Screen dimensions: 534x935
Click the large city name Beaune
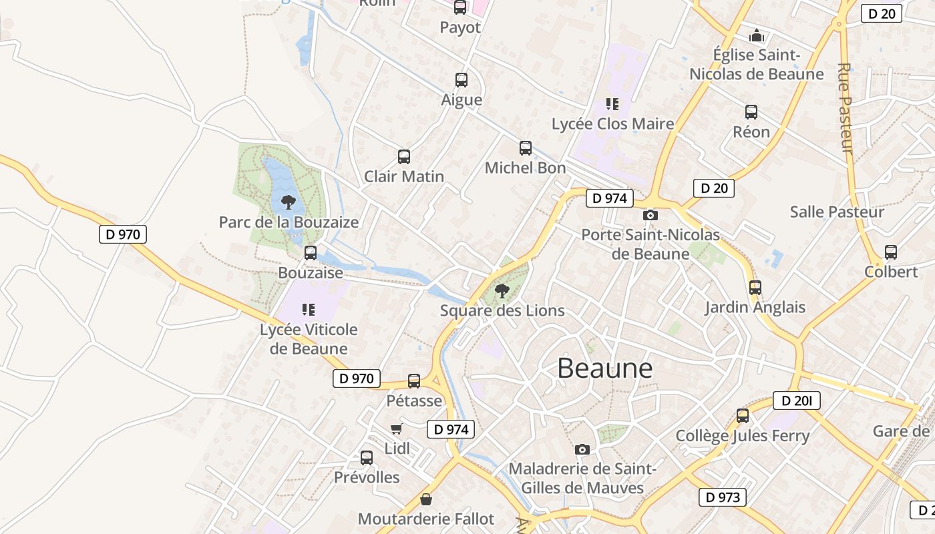tap(604, 368)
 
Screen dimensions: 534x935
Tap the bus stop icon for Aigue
tap(461, 80)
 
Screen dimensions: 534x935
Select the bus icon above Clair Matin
tap(404, 157)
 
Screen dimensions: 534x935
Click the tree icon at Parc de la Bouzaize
tap(289, 202)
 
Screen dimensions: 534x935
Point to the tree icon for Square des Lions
tap(502, 290)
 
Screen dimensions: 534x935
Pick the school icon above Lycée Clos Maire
tap(612, 104)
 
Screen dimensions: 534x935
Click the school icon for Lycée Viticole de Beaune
tap(308, 309)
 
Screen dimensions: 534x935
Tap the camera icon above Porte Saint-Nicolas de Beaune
tap(650, 215)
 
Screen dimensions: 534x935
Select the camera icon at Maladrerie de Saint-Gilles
tap(582, 449)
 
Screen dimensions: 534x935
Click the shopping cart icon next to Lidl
tap(397, 429)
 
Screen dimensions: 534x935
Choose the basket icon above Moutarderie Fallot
tap(426, 499)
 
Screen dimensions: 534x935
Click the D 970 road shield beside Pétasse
tap(357, 378)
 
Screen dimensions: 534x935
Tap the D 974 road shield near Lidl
tap(451, 429)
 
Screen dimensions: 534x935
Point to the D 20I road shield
tap(796, 400)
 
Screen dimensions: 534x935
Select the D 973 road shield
tap(722, 497)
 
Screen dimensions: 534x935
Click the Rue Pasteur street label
tap(845, 108)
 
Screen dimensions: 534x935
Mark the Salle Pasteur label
tap(837, 212)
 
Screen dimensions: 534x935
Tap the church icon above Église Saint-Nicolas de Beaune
tap(756, 35)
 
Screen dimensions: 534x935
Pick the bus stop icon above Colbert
tap(891, 252)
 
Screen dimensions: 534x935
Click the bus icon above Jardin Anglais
tap(755, 288)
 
